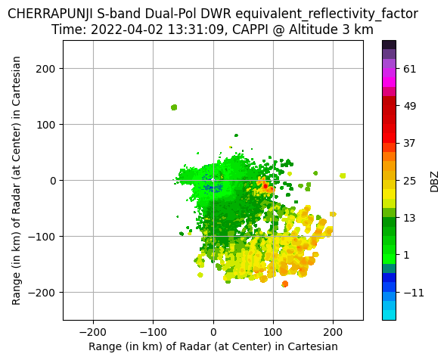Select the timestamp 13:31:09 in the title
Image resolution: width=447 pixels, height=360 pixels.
196,29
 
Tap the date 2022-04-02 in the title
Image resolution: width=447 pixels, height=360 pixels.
127,29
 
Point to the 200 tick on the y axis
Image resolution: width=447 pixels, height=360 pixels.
45,69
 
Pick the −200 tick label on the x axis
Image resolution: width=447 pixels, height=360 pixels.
93,332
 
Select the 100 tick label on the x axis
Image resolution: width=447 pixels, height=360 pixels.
273,332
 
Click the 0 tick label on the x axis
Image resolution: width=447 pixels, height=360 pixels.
213,332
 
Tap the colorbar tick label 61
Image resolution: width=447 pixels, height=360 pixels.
410,69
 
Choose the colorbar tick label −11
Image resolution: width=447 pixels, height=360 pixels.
414,293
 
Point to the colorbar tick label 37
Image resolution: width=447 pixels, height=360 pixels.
410,144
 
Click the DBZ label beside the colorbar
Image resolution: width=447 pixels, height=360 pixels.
434,182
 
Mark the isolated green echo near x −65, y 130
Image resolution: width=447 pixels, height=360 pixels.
174,107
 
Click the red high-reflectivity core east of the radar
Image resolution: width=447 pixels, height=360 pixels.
265,186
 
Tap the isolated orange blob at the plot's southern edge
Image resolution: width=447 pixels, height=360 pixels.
285,284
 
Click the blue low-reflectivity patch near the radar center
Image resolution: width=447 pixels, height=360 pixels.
213,188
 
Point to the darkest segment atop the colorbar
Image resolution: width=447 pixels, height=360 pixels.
389,45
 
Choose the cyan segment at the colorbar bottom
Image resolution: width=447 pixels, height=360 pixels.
389,315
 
